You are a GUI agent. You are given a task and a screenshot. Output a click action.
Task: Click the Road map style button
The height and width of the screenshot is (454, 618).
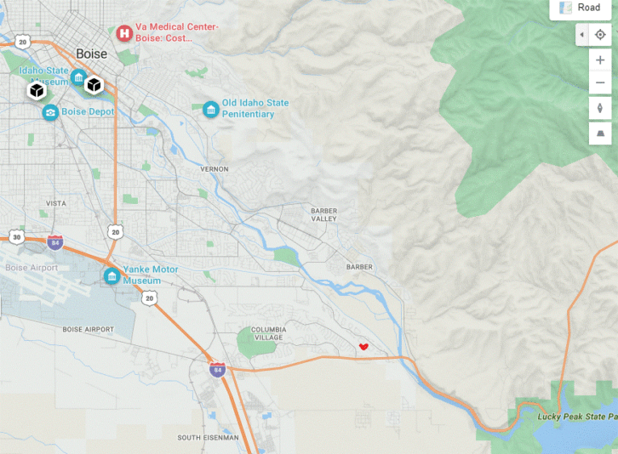580,9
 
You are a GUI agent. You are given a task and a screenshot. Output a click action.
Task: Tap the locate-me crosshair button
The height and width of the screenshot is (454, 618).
600,35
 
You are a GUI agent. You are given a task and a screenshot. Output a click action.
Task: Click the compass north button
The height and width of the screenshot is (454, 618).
600,108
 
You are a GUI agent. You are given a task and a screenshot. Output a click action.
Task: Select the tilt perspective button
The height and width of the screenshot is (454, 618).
600,133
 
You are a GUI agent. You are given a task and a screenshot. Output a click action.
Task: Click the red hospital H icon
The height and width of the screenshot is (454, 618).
124,33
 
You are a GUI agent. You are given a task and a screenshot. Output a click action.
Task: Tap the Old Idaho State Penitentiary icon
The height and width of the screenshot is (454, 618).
210,110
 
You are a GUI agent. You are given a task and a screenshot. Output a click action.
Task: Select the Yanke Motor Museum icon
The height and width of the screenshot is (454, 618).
112,276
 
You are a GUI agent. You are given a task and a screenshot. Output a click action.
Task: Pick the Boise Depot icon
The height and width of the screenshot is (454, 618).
50,112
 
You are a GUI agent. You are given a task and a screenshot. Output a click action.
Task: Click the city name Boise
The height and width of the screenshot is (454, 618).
92,54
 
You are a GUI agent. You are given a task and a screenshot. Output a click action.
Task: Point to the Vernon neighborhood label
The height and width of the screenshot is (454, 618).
215,169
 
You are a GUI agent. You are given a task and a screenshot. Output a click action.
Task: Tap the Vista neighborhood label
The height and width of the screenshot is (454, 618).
55,204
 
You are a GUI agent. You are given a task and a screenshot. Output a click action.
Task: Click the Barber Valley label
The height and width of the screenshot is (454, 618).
323,214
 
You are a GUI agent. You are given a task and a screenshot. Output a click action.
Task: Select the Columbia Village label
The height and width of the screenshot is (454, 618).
281,332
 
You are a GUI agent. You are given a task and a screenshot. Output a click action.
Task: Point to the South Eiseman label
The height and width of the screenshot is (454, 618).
207,438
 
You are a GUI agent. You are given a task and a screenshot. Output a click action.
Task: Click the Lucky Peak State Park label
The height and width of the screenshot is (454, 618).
577,416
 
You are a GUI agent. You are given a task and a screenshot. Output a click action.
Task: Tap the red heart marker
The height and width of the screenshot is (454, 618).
363,347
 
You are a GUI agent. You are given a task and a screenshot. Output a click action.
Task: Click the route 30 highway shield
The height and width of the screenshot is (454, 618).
17,236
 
